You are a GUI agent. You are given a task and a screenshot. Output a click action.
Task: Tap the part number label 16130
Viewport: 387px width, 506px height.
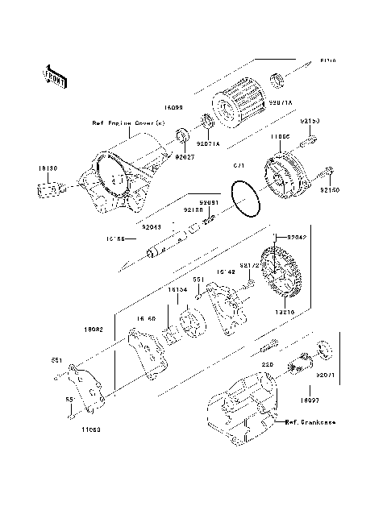tap(45, 168)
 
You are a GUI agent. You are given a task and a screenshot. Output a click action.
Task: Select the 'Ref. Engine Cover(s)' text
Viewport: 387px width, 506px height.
tap(127, 123)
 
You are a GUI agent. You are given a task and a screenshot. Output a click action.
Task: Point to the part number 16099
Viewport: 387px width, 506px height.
tap(176, 106)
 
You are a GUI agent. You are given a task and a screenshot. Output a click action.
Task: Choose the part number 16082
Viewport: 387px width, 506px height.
tap(94, 330)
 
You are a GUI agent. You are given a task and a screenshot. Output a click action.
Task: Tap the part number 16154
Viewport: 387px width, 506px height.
tap(177, 288)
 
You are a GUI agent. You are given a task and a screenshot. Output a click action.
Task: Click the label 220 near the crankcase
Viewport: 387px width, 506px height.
tap(266, 364)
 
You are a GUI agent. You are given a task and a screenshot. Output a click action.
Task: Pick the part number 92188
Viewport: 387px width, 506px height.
tap(193, 209)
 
